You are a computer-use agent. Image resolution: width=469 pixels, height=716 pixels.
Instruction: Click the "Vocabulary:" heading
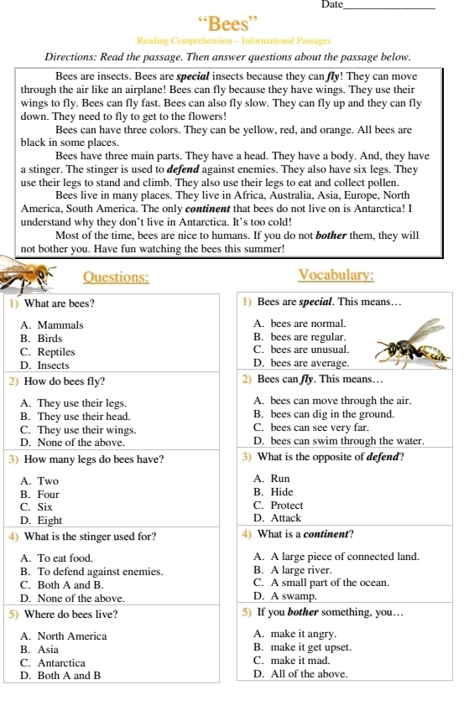click(336, 276)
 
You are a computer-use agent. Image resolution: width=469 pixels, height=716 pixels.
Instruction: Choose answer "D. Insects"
click(45, 366)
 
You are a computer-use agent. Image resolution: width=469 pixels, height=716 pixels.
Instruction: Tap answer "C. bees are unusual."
click(300, 349)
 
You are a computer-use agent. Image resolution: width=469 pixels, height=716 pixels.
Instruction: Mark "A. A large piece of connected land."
click(335, 556)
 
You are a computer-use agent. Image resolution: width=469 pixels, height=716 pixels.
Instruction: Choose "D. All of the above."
click(300, 673)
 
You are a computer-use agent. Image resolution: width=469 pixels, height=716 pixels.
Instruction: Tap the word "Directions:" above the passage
click(74, 57)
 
